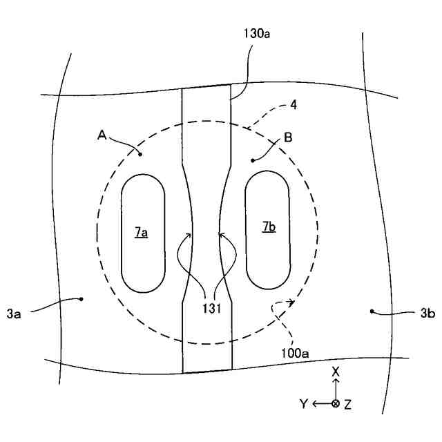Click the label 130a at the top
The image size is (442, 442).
click(258, 32)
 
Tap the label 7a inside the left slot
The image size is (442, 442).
click(140, 233)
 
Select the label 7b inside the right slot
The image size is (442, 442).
click(269, 227)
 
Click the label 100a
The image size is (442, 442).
click(295, 352)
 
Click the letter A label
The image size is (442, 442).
click(101, 136)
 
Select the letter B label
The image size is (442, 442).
click(288, 137)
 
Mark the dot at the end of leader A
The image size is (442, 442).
click(140, 154)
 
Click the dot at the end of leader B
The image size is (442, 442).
click(253, 160)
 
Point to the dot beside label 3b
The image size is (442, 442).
click(373, 311)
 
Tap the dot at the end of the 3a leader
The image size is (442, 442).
click(81, 299)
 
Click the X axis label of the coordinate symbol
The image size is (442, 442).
click(336, 372)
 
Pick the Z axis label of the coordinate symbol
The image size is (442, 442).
click(348, 405)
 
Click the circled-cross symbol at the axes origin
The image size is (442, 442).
click(336, 404)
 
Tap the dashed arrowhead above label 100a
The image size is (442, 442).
click(293, 302)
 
